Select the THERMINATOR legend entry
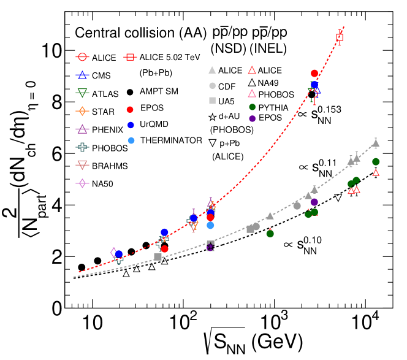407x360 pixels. coord(172,140)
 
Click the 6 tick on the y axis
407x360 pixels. coord(56,154)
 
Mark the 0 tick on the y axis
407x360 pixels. coord(56,308)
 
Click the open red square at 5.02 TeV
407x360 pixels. coord(340,38)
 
